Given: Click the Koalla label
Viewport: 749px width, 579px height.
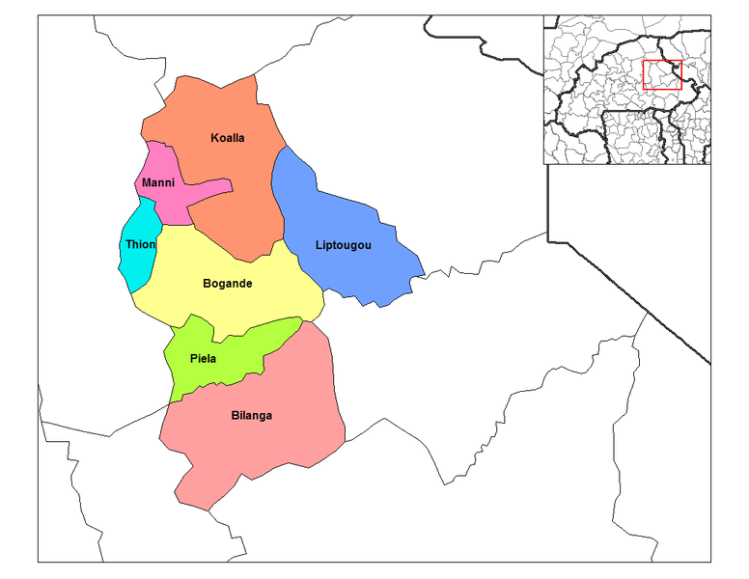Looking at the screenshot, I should [x=228, y=138].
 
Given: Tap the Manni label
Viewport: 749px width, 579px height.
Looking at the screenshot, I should [x=157, y=182].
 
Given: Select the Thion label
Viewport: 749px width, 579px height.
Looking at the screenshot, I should [x=140, y=244].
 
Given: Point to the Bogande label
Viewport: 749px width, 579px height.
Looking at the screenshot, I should [x=228, y=284].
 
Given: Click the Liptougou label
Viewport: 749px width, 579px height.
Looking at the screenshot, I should [x=343, y=244].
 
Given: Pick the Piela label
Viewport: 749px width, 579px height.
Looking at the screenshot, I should [x=203, y=359].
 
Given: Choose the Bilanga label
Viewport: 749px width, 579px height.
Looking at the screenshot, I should [x=252, y=416].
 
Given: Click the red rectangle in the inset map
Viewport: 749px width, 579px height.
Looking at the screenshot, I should [x=662, y=75].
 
